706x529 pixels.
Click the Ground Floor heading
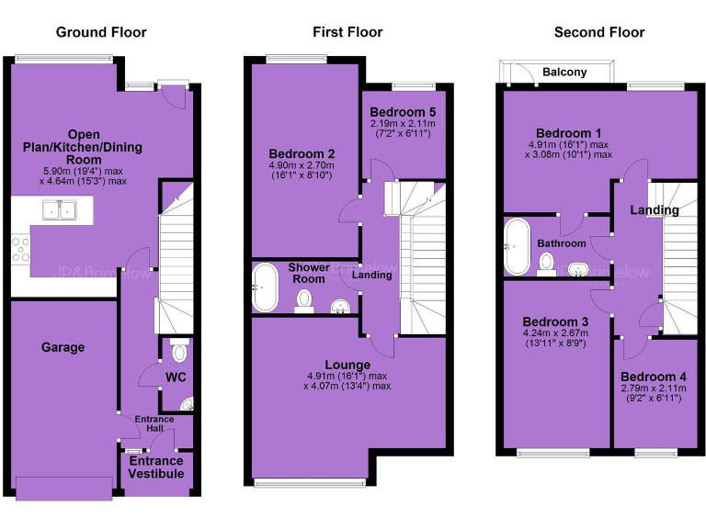(x=101, y=32)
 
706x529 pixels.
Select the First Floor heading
(x=347, y=32)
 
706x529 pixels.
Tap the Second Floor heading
(x=599, y=32)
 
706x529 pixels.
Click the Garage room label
(x=63, y=347)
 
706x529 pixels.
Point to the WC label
(x=176, y=377)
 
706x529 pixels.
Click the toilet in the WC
(x=179, y=352)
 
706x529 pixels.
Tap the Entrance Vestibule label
(x=154, y=467)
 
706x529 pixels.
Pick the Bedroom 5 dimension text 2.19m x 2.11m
(x=404, y=123)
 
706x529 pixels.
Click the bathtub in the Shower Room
(x=266, y=287)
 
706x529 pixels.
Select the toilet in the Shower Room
(x=303, y=301)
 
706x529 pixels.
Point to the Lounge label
(x=347, y=365)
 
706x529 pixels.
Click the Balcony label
(x=564, y=72)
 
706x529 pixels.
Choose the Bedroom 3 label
(x=554, y=321)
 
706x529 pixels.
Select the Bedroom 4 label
(x=653, y=377)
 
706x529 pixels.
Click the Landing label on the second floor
(x=654, y=210)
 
